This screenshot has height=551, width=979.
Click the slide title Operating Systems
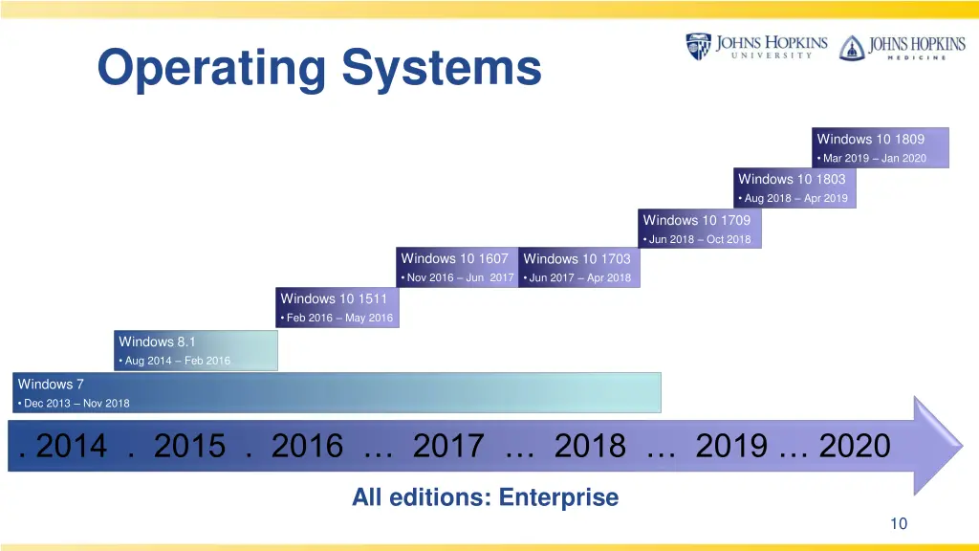point(319,69)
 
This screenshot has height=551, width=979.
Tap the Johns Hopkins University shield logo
point(698,47)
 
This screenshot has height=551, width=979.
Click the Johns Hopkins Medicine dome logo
point(851,48)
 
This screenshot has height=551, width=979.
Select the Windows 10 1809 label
point(871,139)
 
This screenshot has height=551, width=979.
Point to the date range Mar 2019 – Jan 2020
point(874,159)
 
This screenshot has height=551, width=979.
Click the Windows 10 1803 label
point(792,179)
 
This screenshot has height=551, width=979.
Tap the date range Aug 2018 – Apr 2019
point(795,199)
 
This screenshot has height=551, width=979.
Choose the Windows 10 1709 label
point(697,220)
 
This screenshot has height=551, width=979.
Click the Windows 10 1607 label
point(455,258)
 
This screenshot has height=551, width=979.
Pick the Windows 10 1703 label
point(577,258)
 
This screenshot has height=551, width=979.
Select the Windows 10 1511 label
point(334,298)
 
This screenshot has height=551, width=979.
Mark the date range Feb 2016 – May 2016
point(339,319)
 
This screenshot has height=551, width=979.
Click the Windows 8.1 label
point(157,341)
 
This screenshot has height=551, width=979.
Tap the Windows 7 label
point(51,384)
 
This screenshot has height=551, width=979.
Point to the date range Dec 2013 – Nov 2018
point(76,404)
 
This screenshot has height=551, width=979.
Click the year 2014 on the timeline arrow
point(72,446)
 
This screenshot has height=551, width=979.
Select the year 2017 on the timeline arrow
point(448,446)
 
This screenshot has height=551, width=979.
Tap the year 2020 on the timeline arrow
point(855,446)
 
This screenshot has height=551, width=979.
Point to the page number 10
point(898,523)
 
